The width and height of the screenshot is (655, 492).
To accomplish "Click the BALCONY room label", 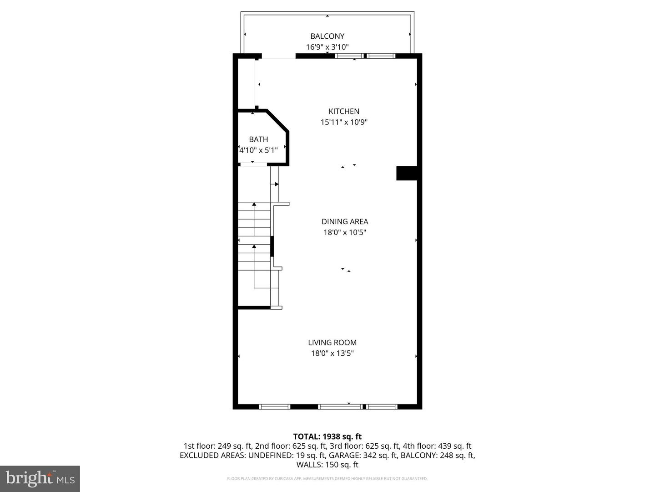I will [x=327, y=36].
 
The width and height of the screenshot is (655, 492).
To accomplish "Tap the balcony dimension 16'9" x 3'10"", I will [x=327, y=47].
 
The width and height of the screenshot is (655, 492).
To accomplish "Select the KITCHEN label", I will [x=344, y=111].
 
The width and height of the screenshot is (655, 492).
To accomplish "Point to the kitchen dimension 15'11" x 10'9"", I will [x=344, y=122].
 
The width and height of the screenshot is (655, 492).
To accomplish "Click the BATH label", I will [x=258, y=139].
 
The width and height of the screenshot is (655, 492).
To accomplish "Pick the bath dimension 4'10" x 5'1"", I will [x=258, y=150].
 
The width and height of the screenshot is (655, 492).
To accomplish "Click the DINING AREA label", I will [x=345, y=221].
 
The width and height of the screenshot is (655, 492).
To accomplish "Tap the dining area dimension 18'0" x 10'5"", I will [x=345, y=232].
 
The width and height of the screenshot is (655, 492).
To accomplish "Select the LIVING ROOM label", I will [x=332, y=343].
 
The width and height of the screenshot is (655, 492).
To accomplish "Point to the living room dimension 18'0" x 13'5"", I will [x=332, y=353].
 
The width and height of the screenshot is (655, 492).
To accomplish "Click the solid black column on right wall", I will [x=407, y=173].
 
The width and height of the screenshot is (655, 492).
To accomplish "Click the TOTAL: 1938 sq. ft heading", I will [x=327, y=436].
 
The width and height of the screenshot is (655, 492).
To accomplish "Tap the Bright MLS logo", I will [x=40, y=478].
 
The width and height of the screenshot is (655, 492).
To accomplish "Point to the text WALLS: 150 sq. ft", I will [x=327, y=465].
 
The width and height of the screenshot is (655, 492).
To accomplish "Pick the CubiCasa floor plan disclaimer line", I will [x=327, y=479].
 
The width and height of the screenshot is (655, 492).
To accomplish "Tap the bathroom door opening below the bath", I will [x=253, y=164].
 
